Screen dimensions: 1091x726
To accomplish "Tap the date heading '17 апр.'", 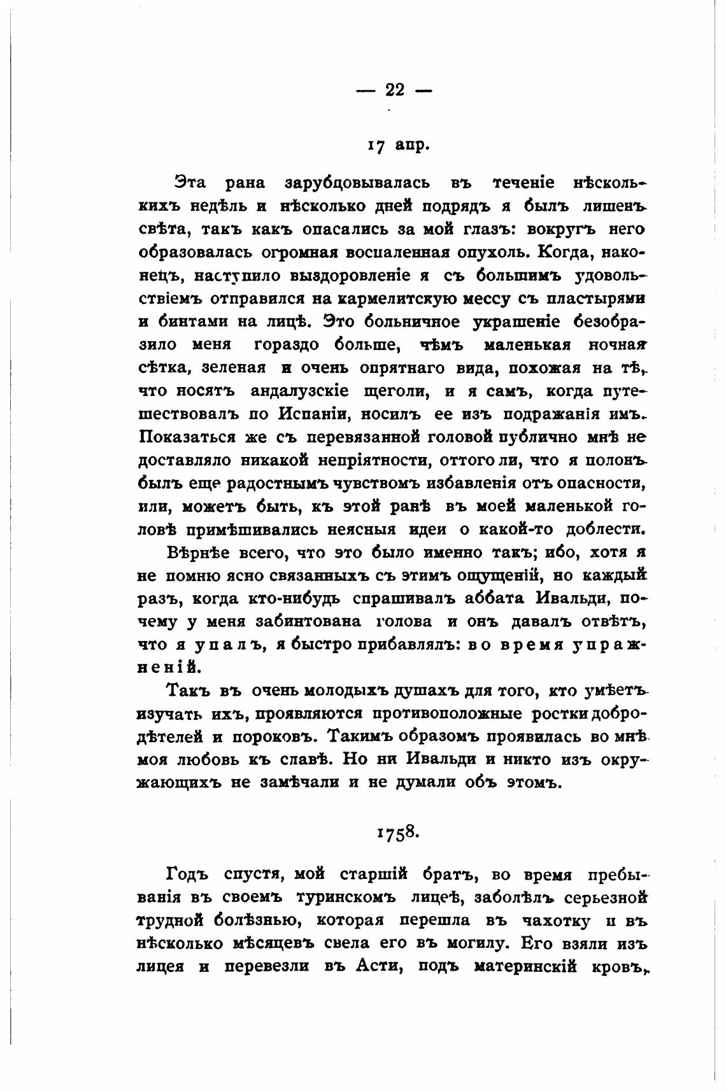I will [399, 145].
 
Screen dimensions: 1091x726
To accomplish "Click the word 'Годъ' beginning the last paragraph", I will [188, 875].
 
